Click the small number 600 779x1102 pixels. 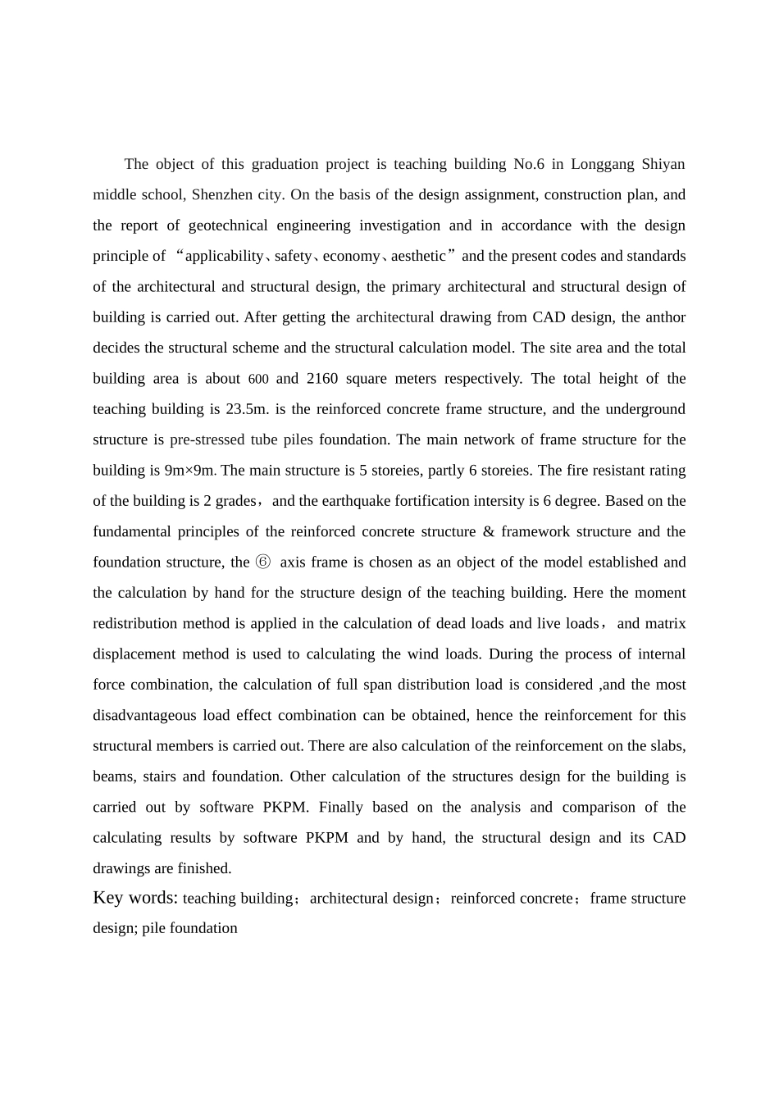[258, 380]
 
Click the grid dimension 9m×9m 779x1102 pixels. [189, 471]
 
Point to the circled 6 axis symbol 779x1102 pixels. [262, 562]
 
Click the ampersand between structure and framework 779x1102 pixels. [489, 532]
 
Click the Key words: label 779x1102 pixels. [135, 898]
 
